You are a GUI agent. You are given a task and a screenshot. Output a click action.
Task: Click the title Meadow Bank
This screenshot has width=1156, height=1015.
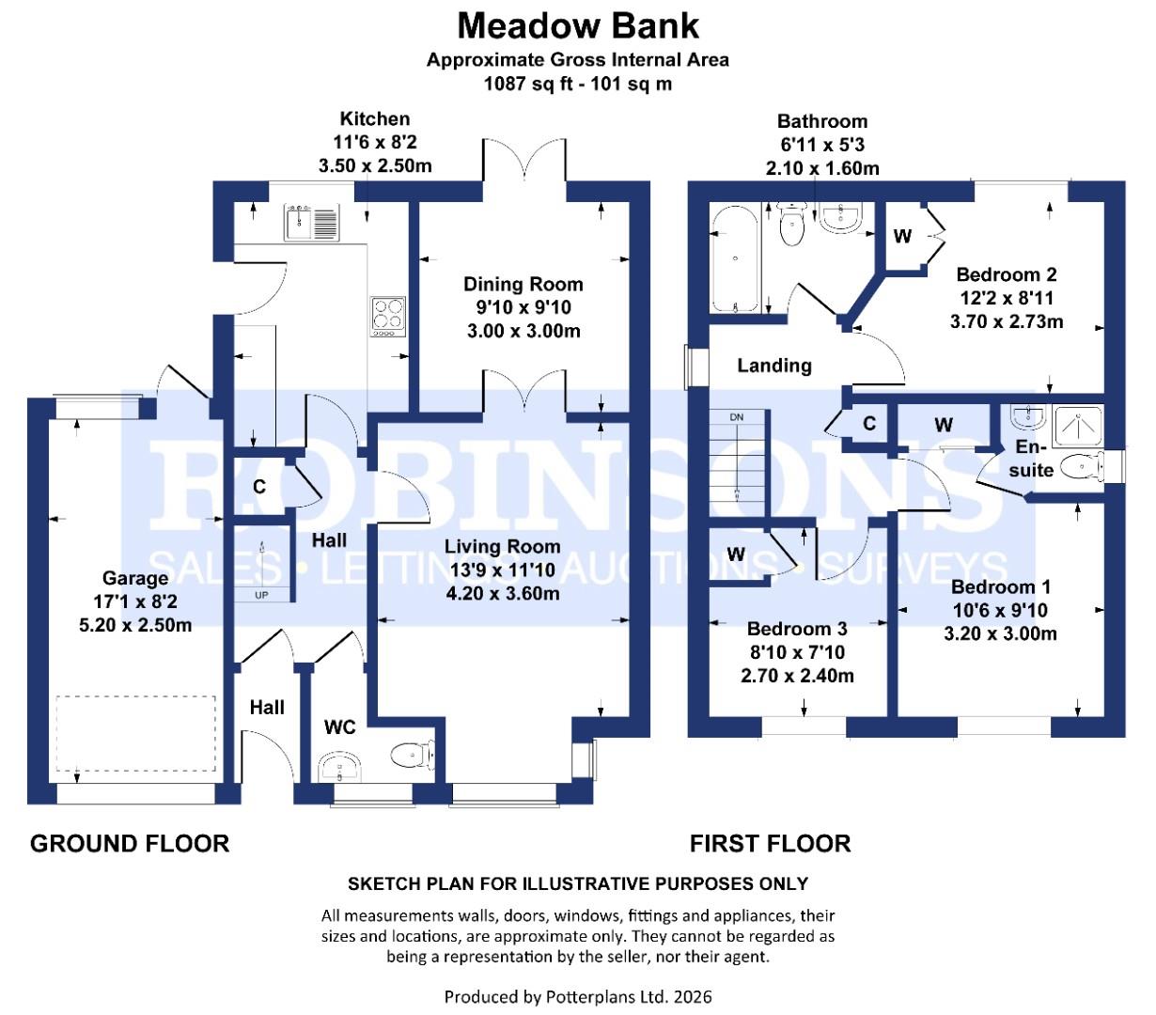point(578,25)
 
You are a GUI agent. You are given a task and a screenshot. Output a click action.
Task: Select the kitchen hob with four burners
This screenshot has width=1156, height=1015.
point(387,316)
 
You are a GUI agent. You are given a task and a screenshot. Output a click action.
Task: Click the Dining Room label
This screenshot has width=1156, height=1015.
point(523,284)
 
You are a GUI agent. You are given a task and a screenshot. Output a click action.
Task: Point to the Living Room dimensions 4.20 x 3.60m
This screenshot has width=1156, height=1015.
point(503,593)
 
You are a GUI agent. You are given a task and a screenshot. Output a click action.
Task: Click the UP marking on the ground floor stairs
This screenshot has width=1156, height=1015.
point(260,594)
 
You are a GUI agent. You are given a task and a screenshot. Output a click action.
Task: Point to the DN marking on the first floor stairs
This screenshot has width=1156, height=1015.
point(736,417)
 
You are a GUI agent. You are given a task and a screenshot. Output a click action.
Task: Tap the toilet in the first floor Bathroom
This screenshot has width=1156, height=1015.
point(793,224)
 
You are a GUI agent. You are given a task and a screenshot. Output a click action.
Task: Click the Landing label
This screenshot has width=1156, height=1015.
point(773,366)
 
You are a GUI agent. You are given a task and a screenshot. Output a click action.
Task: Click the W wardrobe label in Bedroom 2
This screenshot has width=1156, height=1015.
point(902,237)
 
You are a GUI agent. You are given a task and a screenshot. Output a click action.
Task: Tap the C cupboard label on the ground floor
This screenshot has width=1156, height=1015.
point(259,487)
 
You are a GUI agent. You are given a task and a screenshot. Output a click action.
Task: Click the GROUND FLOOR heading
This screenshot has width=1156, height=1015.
point(130,843)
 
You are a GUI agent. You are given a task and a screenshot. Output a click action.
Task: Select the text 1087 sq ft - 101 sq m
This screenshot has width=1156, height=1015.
point(578,84)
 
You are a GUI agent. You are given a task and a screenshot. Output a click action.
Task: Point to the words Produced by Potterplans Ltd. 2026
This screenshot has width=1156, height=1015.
point(578,996)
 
